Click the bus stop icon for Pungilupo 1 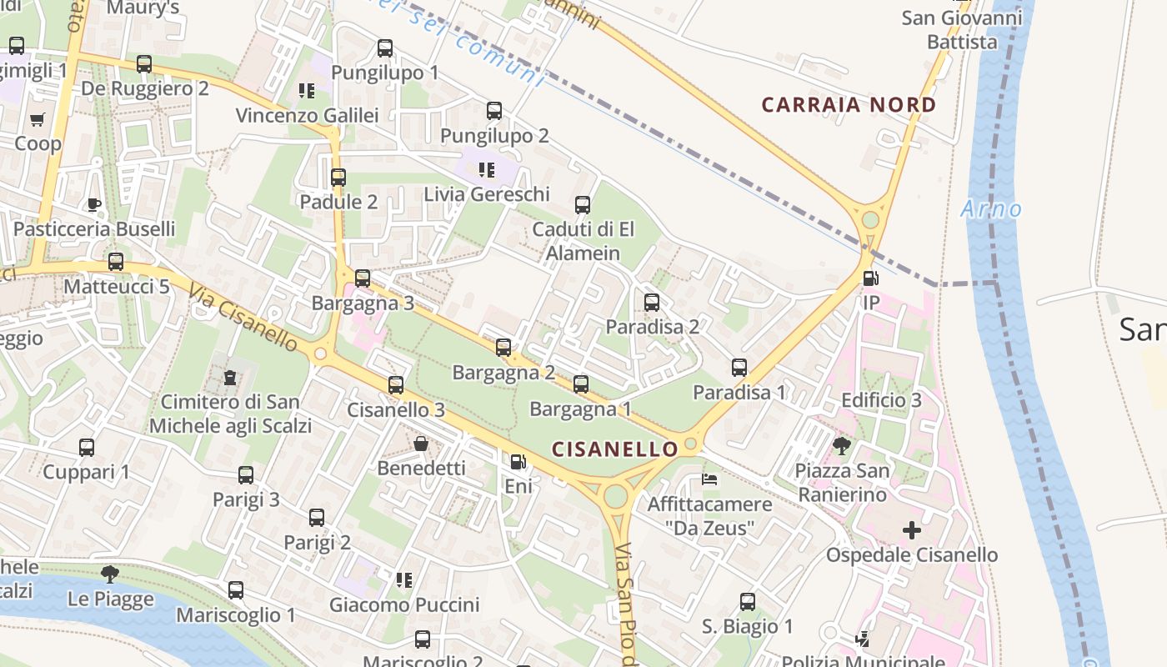point(384,48)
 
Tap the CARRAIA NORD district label point(849,105)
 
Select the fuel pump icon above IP point(869,279)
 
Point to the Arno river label point(990,208)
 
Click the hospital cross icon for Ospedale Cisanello point(912,529)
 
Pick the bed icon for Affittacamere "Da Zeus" point(709,479)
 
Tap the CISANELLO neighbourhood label point(615,449)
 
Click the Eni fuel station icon point(518,461)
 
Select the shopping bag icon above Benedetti point(421,444)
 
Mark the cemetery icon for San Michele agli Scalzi point(229,378)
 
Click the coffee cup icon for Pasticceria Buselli point(94,204)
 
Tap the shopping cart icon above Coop point(37,119)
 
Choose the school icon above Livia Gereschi point(487,170)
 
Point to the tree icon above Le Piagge point(109,574)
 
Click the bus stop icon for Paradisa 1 point(739,367)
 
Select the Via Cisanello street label point(243,316)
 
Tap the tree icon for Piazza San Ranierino point(841,446)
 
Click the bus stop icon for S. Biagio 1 point(748,601)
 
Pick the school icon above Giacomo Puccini point(404,579)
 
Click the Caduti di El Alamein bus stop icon point(583,204)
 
